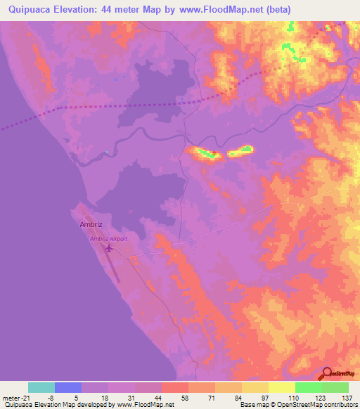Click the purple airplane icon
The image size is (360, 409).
click(108, 248)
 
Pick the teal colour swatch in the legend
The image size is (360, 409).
click(41, 387)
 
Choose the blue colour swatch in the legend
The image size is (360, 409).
click(68, 387)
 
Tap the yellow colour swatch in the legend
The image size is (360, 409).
click(282, 387)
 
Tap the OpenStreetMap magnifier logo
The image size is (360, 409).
click(327, 374)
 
